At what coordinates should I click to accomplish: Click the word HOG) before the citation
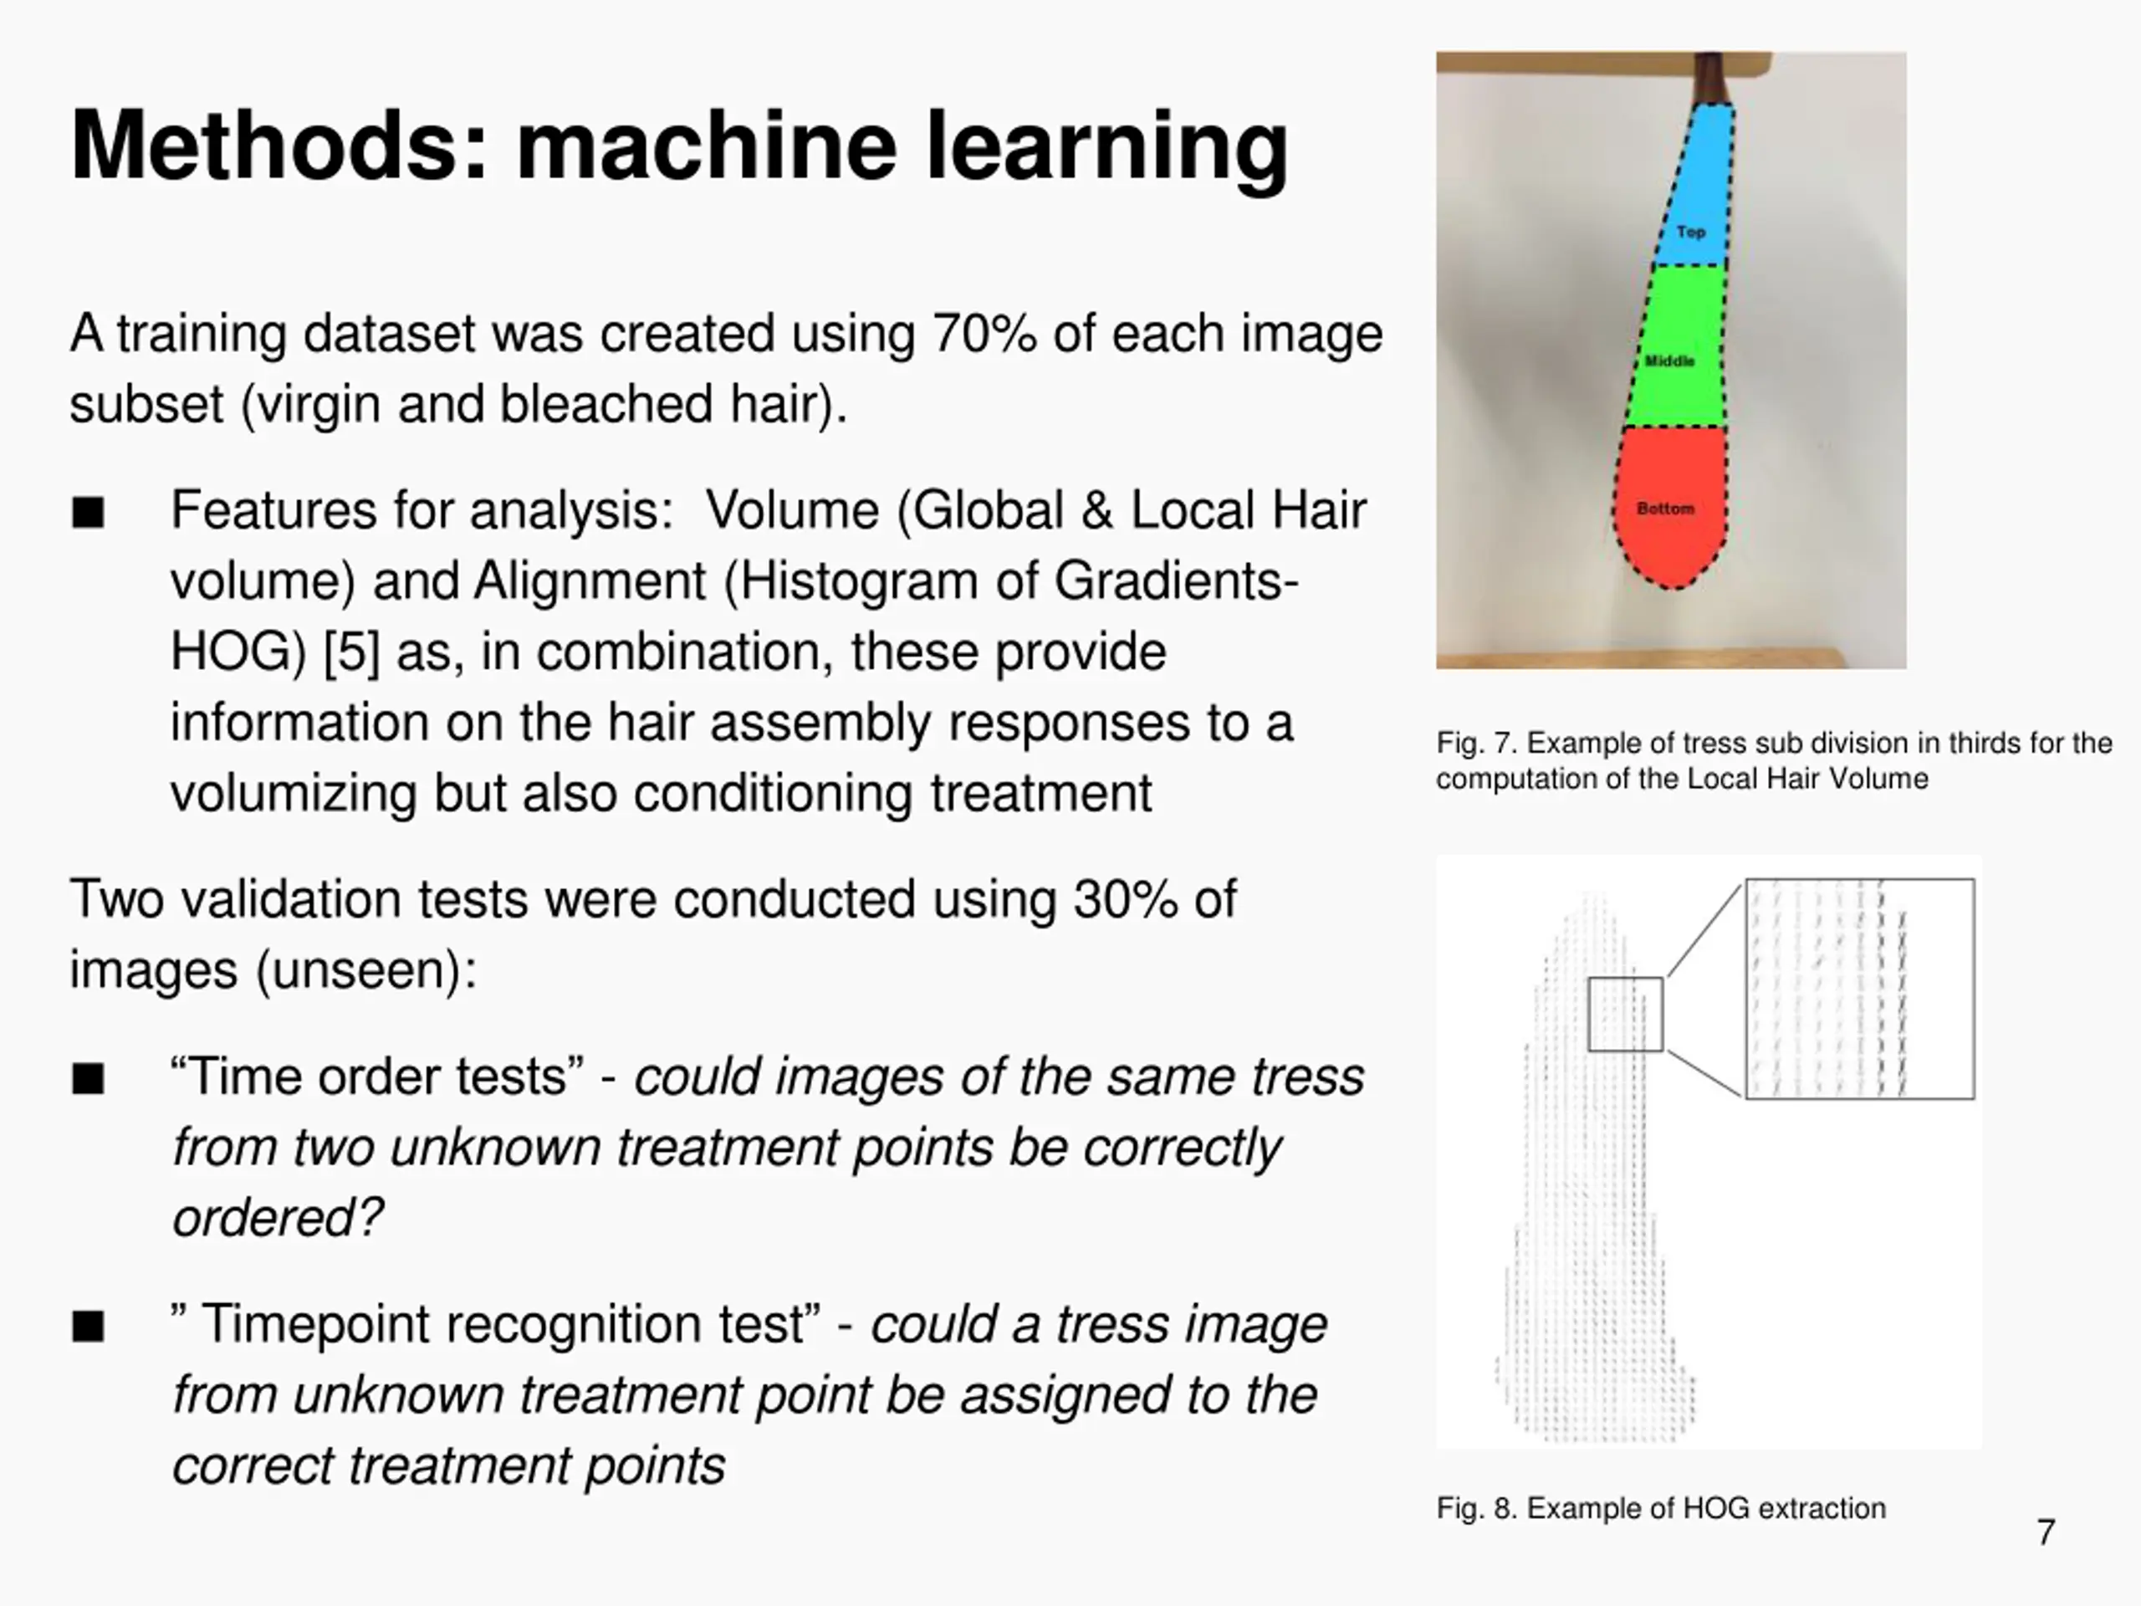click(x=232, y=652)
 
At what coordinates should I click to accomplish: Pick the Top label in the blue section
click(x=1691, y=232)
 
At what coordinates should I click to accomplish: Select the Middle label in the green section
click(x=1669, y=361)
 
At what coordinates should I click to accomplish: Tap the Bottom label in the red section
click(x=1665, y=509)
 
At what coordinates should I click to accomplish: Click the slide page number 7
click(x=2045, y=1532)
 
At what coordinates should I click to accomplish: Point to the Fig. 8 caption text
click(x=1661, y=1508)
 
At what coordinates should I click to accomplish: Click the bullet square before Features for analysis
click(x=88, y=512)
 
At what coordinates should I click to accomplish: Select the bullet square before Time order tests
click(x=88, y=1078)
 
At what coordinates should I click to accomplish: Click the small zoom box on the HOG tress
click(x=1625, y=1014)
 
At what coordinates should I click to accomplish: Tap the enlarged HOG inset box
click(x=1859, y=989)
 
